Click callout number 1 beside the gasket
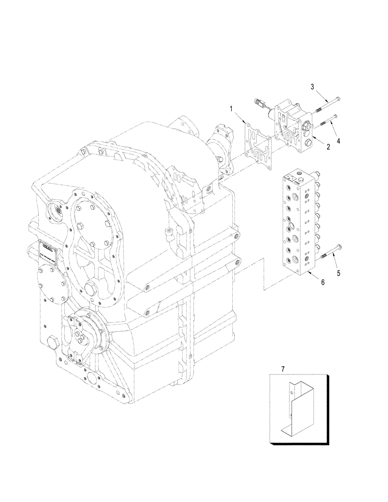232,108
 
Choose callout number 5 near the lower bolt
339,273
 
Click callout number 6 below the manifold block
322,282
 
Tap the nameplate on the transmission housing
52,249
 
